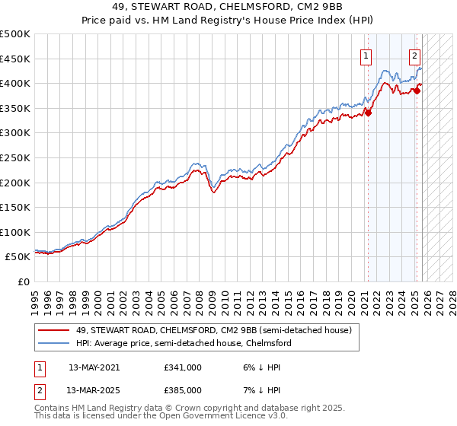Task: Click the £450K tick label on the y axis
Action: coord(15,59)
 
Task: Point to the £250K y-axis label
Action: coord(15,158)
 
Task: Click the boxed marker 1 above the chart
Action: coord(366,55)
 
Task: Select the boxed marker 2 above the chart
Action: coord(415,55)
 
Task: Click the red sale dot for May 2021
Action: coord(368,113)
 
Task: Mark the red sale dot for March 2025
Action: coord(417,91)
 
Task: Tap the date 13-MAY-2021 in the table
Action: coord(94,367)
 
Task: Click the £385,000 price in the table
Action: coord(182,389)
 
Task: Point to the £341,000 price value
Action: coord(182,367)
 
